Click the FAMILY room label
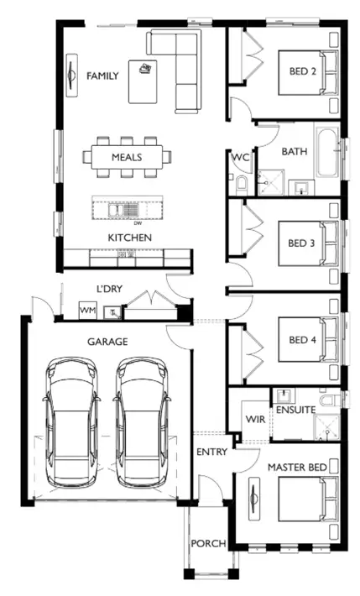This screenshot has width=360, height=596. (102, 76)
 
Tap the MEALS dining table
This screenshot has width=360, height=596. (127, 156)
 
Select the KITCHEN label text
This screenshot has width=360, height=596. (129, 238)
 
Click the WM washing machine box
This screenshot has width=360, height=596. (87, 311)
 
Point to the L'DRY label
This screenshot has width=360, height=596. (109, 289)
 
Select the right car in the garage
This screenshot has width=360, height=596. (140, 421)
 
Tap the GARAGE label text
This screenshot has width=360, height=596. (107, 342)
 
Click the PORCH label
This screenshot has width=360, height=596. (207, 544)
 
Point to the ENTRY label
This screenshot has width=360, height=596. (211, 452)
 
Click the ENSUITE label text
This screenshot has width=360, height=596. (295, 410)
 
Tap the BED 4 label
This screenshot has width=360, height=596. (301, 339)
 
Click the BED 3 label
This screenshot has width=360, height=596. (301, 243)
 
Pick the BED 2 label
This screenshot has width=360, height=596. (301, 71)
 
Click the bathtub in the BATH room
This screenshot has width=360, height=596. (327, 152)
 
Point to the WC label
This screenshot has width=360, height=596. (241, 157)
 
